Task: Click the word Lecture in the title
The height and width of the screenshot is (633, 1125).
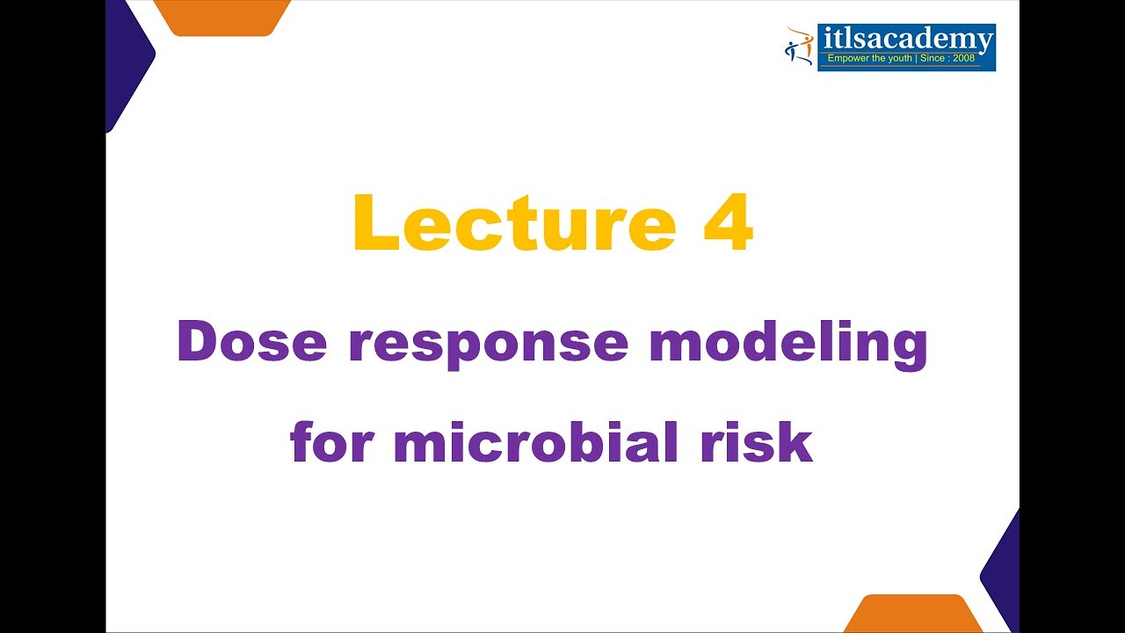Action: coord(514,223)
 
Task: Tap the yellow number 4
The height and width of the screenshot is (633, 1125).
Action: coord(728,223)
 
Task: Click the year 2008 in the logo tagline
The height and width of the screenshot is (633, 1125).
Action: coord(964,59)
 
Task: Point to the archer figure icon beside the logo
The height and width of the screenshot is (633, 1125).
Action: coord(800,46)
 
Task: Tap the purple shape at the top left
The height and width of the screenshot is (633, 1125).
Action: coord(125,62)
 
